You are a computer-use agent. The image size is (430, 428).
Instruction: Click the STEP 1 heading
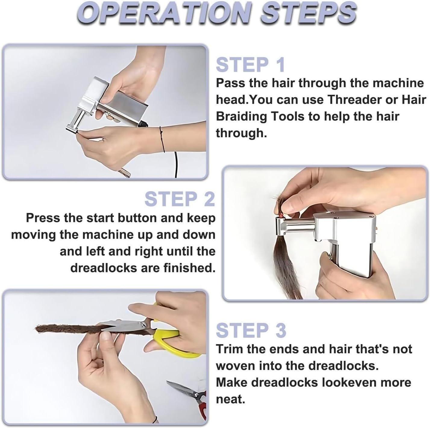point(250,65)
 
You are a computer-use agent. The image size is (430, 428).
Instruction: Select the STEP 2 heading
point(180,199)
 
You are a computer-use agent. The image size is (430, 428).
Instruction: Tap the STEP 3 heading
point(251,330)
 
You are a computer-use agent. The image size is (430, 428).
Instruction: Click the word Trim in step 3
point(229,349)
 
